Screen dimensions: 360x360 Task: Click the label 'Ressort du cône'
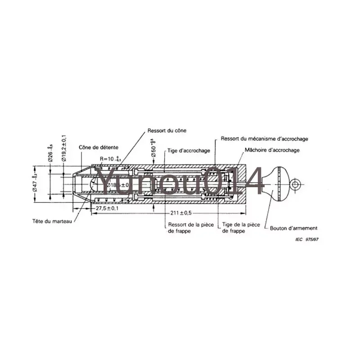point(166,130)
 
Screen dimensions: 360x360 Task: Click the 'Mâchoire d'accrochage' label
point(272,150)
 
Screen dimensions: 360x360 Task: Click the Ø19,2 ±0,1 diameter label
point(64,148)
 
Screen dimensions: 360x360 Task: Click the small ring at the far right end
point(296,184)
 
